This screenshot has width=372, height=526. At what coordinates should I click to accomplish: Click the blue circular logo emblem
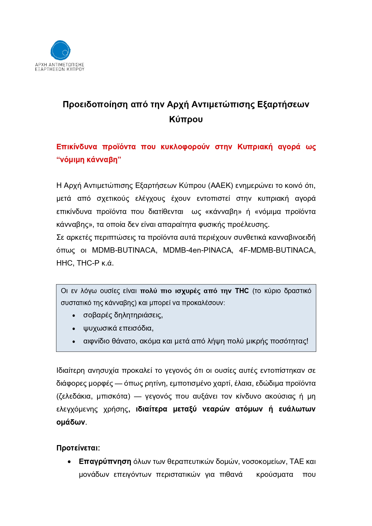click(x=60, y=50)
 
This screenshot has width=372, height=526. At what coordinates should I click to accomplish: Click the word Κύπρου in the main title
click(x=186, y=119)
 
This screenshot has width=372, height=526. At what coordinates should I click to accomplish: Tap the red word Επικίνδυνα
click(x=77, y=147)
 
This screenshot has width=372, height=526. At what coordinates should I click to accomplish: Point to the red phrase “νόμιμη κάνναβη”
click(x=89, y=160)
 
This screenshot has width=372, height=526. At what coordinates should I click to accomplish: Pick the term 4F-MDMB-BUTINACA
click(x=277, y=250)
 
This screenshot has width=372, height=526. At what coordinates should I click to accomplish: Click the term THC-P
click(x=88, y=263)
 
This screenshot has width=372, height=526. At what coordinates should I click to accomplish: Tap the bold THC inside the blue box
click(x=242, y=291)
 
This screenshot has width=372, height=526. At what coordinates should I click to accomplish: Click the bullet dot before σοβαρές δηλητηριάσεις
click(x=74, y=316)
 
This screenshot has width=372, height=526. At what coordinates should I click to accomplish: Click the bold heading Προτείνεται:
click(x=78, y=448)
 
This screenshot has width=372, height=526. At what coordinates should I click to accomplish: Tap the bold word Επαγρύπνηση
click(x=105, y=462)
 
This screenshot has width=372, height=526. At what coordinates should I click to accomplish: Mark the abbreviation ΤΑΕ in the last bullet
click(x=297, y=462)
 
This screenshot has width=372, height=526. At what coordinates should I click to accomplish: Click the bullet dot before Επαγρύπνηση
click(x=70, y=462)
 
